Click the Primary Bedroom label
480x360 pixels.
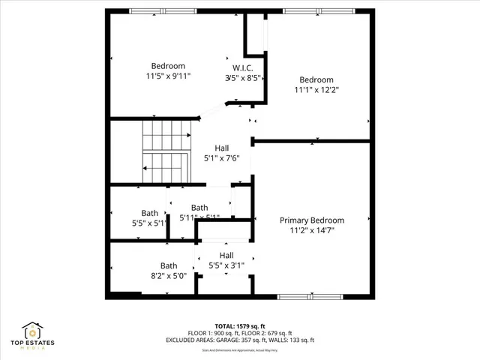(311, 220)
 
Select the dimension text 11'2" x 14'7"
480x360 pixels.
(311, 231)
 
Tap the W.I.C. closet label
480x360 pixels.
(242, 67)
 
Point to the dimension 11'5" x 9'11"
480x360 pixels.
(169, 76)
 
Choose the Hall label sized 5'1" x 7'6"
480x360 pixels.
(222, 148)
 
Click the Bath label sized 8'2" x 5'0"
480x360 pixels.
(169, 265)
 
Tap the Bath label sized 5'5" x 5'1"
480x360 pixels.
(150, 213)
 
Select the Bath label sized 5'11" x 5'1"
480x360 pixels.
(199, 208)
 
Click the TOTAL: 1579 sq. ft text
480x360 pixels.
(239, 326)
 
